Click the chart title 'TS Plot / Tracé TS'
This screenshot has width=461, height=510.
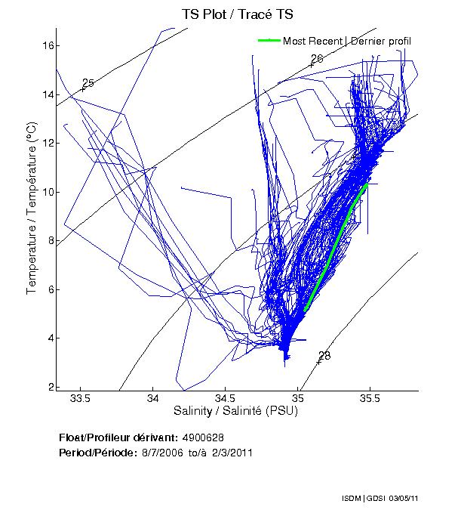[x=238, y=14]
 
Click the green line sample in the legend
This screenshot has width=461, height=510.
[x=269, y=41]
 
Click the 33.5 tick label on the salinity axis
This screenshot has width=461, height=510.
[x=80, y=398]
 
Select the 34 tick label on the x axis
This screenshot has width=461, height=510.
[x=153, y=398]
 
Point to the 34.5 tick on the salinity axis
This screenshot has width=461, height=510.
[x=226, y=398]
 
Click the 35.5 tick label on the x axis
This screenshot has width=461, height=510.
[x=373, y=398]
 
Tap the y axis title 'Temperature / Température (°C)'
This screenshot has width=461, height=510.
[x=32, y=208]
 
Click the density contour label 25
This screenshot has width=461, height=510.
[x=88, y=83]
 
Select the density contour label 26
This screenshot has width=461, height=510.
[x=317, y=59]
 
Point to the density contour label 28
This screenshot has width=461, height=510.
[x=324, y=356]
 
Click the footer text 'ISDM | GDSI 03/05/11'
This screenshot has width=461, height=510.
[x=397, y=499]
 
